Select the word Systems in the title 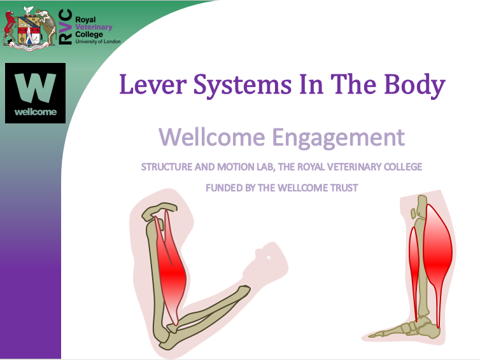coord(242,86)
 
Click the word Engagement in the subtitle coord(338,138)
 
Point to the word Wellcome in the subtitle coord(212,137)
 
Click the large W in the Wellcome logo coord(35,88)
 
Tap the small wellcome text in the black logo coord(36,112)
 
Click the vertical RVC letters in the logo coord(65,27)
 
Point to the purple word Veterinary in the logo coord(94,27)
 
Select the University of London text coord(98,41)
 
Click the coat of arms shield coord(29,30)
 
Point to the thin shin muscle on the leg coord(414,269)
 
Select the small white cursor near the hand coord(269,258)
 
